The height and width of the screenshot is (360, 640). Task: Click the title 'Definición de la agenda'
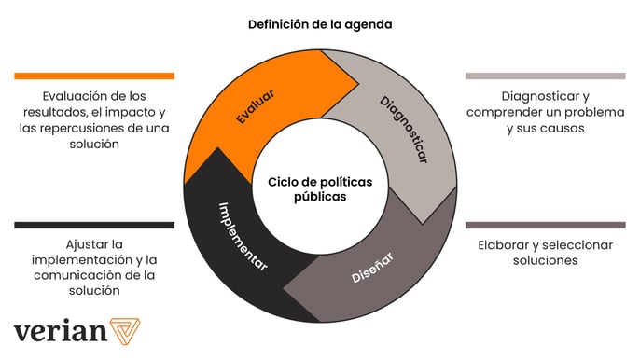click(320, 25)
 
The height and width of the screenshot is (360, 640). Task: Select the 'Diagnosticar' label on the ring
click(403, 130)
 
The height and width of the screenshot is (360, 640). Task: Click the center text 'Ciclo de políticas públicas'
click(320, 189)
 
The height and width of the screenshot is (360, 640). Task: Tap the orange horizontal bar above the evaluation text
click(94, 76)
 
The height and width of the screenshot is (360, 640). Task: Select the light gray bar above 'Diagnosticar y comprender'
click(545, 76)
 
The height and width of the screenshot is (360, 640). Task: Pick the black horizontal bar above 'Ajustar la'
click(94, 225)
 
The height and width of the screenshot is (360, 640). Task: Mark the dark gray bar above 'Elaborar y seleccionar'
click(545, 225)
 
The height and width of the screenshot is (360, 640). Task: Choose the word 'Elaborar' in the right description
click(504, 245)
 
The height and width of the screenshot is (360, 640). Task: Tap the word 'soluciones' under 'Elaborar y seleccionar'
click(545, 261)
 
